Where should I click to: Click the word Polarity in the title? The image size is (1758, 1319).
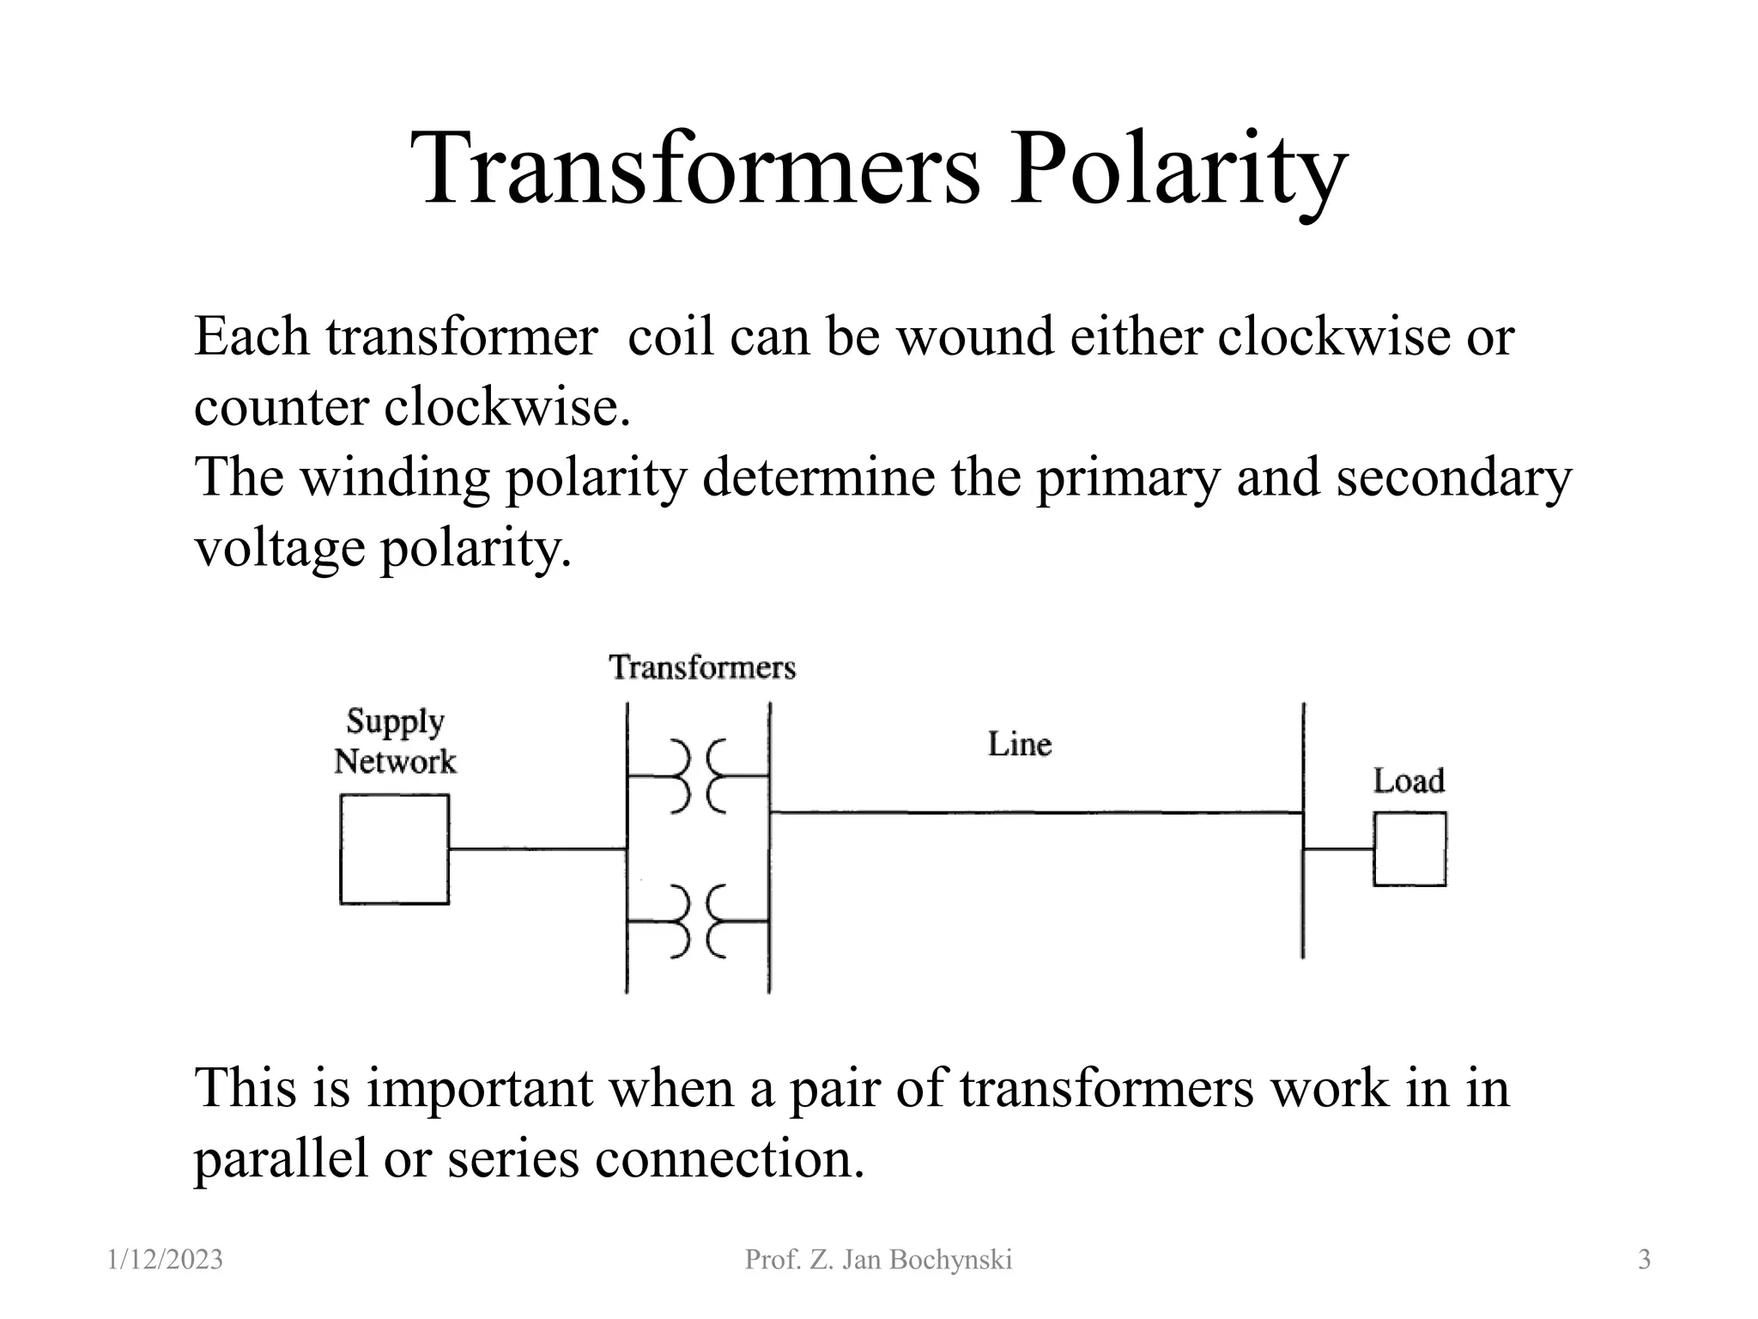click(1176, 168)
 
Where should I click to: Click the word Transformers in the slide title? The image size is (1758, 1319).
click(695, 168)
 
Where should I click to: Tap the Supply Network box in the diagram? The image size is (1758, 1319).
click(394, 849)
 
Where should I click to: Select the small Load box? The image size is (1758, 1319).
click(1409, 849)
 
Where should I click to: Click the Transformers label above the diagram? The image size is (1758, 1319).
click(702, 667)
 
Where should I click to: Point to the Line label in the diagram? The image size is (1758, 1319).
click(1019, 745)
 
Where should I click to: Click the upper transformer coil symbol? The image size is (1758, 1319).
click(698, 776)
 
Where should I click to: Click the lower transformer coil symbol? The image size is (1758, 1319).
click(698, 921)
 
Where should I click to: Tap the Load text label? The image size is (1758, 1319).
click(1409, 781)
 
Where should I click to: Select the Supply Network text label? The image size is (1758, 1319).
click(395, 742)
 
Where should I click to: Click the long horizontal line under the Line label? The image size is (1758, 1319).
click(1030, 812)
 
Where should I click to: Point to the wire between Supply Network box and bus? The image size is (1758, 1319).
click(536, 849)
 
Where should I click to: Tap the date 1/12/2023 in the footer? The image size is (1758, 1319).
click(166, 1260)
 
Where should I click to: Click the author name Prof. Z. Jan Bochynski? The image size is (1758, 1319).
click(878, 1260)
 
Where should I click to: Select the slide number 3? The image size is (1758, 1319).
click(1644, 1260)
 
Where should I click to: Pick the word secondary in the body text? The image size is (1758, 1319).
click(1453, 477)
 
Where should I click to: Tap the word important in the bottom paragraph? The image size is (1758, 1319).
click(479, 1088)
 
